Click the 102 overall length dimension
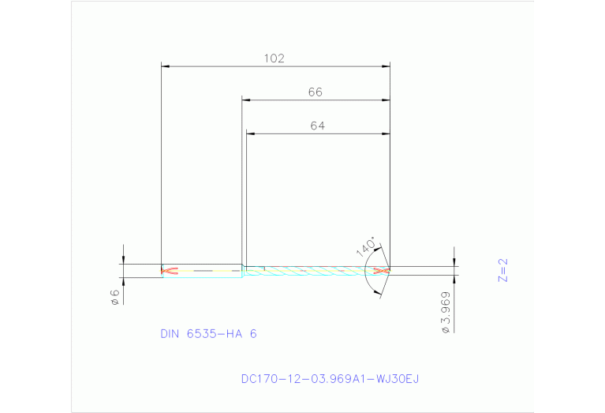click(274, 58)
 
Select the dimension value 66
click(316, 92)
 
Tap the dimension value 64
click(317, 126)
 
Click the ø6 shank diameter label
click(114, 296)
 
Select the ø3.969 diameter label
click(447, 314)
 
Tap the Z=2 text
click(503, 269)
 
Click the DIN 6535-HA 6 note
click(208, 334)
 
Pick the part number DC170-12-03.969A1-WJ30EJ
click(330, 379)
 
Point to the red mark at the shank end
click(169, 271)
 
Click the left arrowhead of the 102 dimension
click(165, 66)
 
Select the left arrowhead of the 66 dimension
click(246, 100)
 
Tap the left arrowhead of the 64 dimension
click(250, 133)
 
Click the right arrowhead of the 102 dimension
click(387, 66)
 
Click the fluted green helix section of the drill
click(308, 271)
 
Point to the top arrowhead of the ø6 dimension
click(123, 261)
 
